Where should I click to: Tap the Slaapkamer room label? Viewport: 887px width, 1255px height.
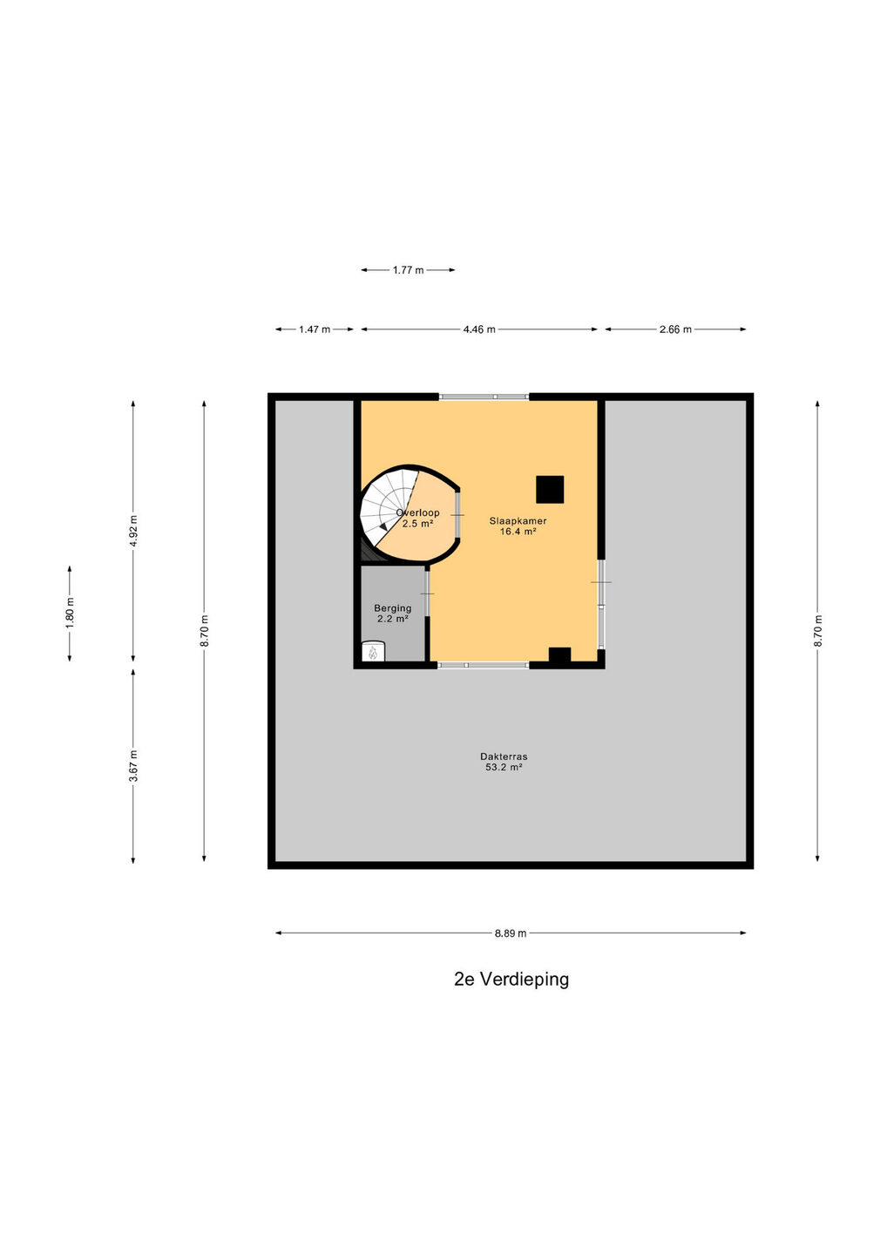(x=518, y=520)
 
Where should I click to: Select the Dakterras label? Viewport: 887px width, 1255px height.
(x=504, y=756)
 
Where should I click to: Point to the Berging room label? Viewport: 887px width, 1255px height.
(x=393, y=608)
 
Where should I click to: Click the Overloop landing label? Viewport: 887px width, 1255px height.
(x=417, y=512)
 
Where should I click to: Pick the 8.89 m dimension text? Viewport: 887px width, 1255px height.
(x=510, y=933)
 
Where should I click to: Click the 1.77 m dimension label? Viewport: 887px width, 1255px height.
(x=409, y=270)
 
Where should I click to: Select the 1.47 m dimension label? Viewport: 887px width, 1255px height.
(x=315, y=329)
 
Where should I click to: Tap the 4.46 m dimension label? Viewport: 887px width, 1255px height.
(x=479, y=329)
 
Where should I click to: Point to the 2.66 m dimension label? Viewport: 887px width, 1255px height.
(x=675, y=329)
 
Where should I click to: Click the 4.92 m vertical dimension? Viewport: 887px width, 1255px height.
(x=133, y=530)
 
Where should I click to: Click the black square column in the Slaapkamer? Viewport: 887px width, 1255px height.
(x=550, y=489)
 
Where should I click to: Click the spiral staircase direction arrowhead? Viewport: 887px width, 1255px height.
(x=383, y=526)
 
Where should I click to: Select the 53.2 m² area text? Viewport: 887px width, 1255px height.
(x=504, y=767)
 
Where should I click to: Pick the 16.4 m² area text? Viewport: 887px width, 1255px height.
(x=518, y=531)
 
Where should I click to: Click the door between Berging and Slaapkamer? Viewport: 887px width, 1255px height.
(x=427, y=594)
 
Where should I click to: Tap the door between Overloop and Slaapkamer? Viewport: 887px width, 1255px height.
(x=458, y=514)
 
